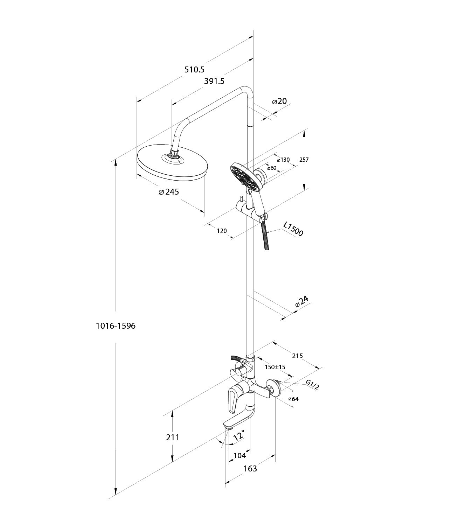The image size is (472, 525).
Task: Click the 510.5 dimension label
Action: coord(194,70)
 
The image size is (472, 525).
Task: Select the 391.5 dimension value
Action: coord(214,81)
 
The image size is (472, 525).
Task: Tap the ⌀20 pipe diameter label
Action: coord(279,101)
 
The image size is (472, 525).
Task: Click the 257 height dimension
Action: coord(304,160)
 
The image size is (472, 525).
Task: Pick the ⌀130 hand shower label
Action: coord(283,160)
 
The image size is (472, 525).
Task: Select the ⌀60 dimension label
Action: coord(271,168)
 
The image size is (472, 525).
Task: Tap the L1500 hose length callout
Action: coord(293,229)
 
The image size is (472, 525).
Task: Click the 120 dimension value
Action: coord(222,231)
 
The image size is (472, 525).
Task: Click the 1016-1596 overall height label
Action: coord(116,326)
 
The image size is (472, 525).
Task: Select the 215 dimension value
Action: coord(297,356)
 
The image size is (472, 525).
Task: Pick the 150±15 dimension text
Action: coord(275,367)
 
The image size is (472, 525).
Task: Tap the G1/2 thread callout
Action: coord(312,385)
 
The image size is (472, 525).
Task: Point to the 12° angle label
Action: coord(239,436)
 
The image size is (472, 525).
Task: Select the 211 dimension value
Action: coord(173,437)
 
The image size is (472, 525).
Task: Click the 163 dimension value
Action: coord(250,468)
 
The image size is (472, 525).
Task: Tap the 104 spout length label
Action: coord(240,455)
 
